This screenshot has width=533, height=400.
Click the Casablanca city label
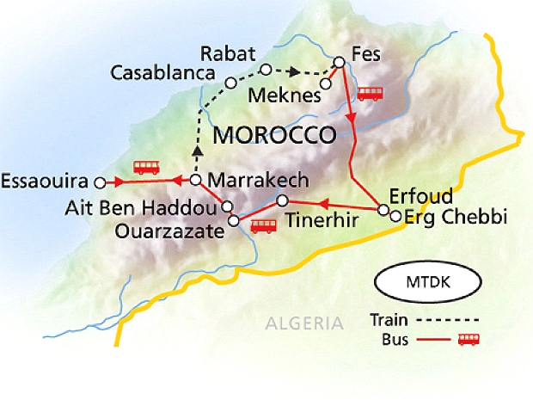(162, 73)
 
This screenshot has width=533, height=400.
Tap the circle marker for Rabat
(266, 69)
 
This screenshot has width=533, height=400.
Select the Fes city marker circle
(340, 62)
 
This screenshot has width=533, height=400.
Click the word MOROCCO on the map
(273, 136)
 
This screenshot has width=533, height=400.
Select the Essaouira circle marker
(100, 182)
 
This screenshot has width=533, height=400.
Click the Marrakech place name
(247, 181)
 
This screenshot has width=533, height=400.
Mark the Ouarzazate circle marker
(233, 221)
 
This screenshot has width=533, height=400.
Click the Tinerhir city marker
(281, 200)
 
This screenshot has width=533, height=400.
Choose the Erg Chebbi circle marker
(395, 216)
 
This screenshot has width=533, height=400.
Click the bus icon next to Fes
(371, 92)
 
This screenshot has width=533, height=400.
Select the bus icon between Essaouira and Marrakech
(146, 167)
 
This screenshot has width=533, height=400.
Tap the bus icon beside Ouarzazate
(263, 226)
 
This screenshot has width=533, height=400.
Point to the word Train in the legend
(389, 320)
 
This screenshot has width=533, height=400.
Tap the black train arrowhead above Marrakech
(196, 153)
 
